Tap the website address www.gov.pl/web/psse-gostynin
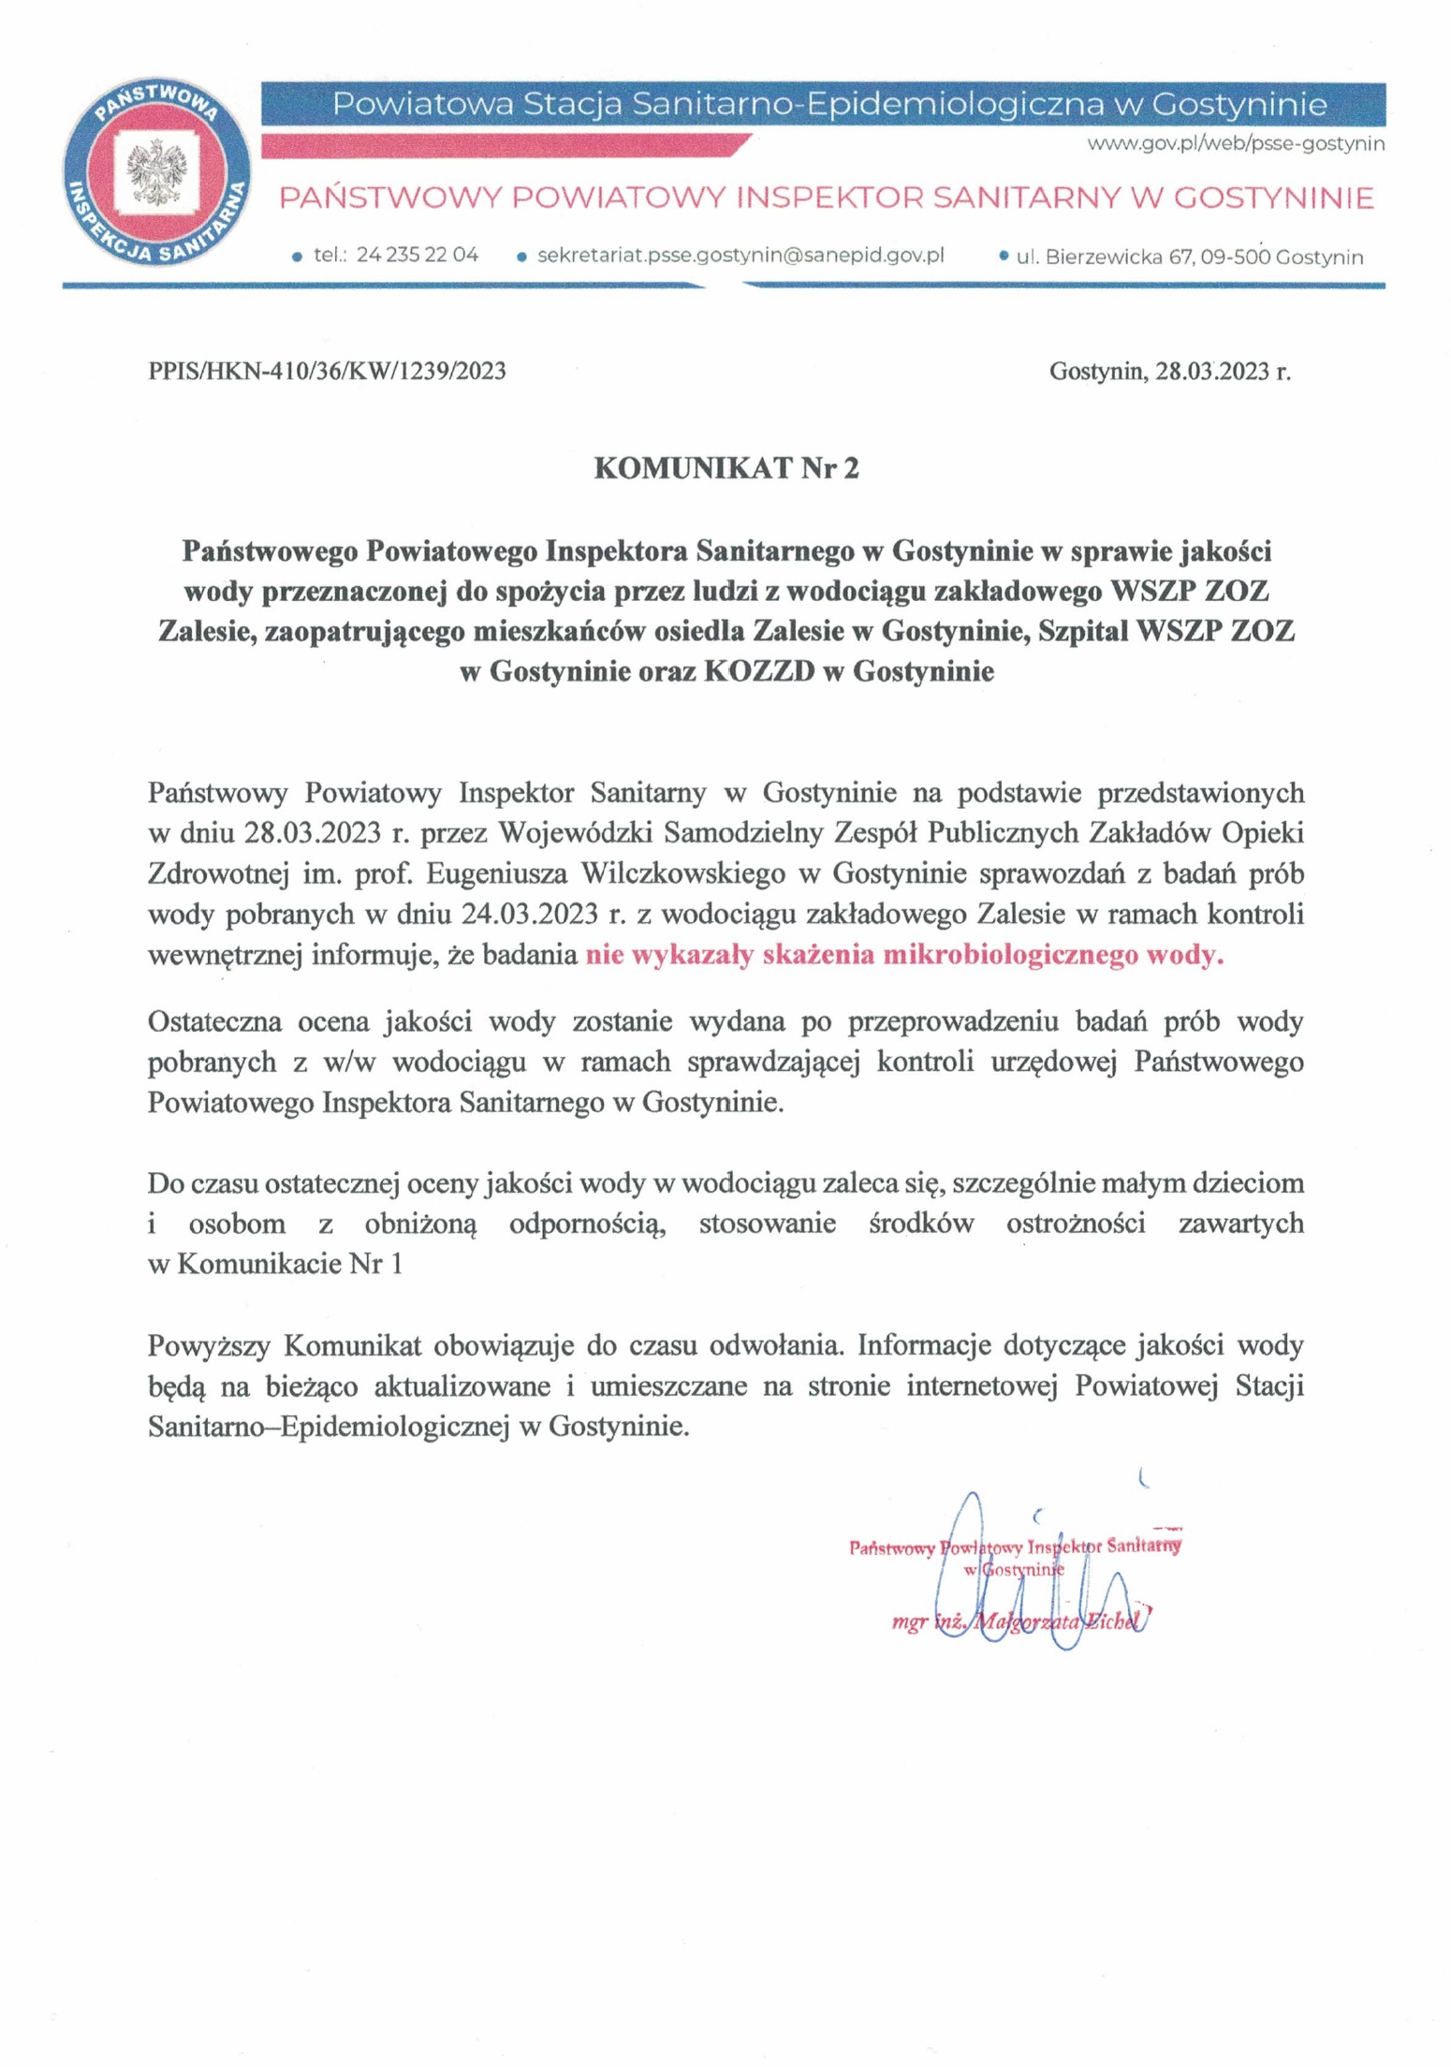click(1235, 144)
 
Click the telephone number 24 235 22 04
click(418, 255)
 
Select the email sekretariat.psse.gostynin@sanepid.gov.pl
click(740, 255)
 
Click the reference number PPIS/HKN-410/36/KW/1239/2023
click(327, 372)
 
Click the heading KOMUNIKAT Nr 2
click(725, 468)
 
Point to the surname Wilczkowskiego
click(682, 873)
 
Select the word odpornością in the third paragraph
click(587, 1224)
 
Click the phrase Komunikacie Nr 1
click(289, 1264)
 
